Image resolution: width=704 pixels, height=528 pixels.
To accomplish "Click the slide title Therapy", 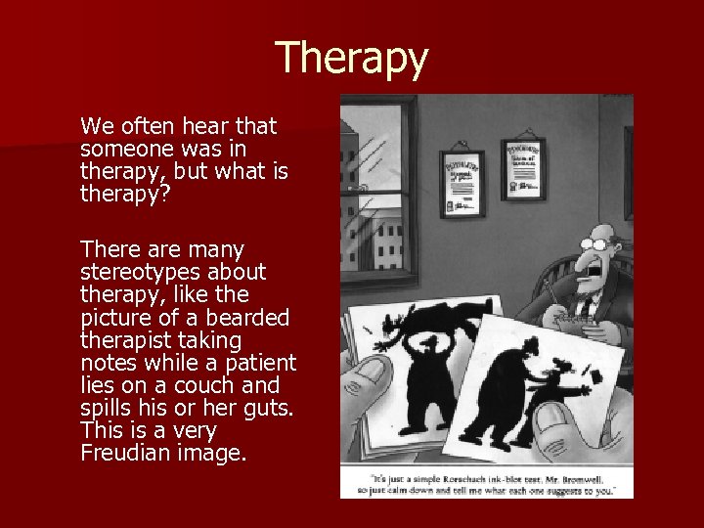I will click(352, 59).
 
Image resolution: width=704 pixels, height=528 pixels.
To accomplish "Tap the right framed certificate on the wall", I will click(523, 168).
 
